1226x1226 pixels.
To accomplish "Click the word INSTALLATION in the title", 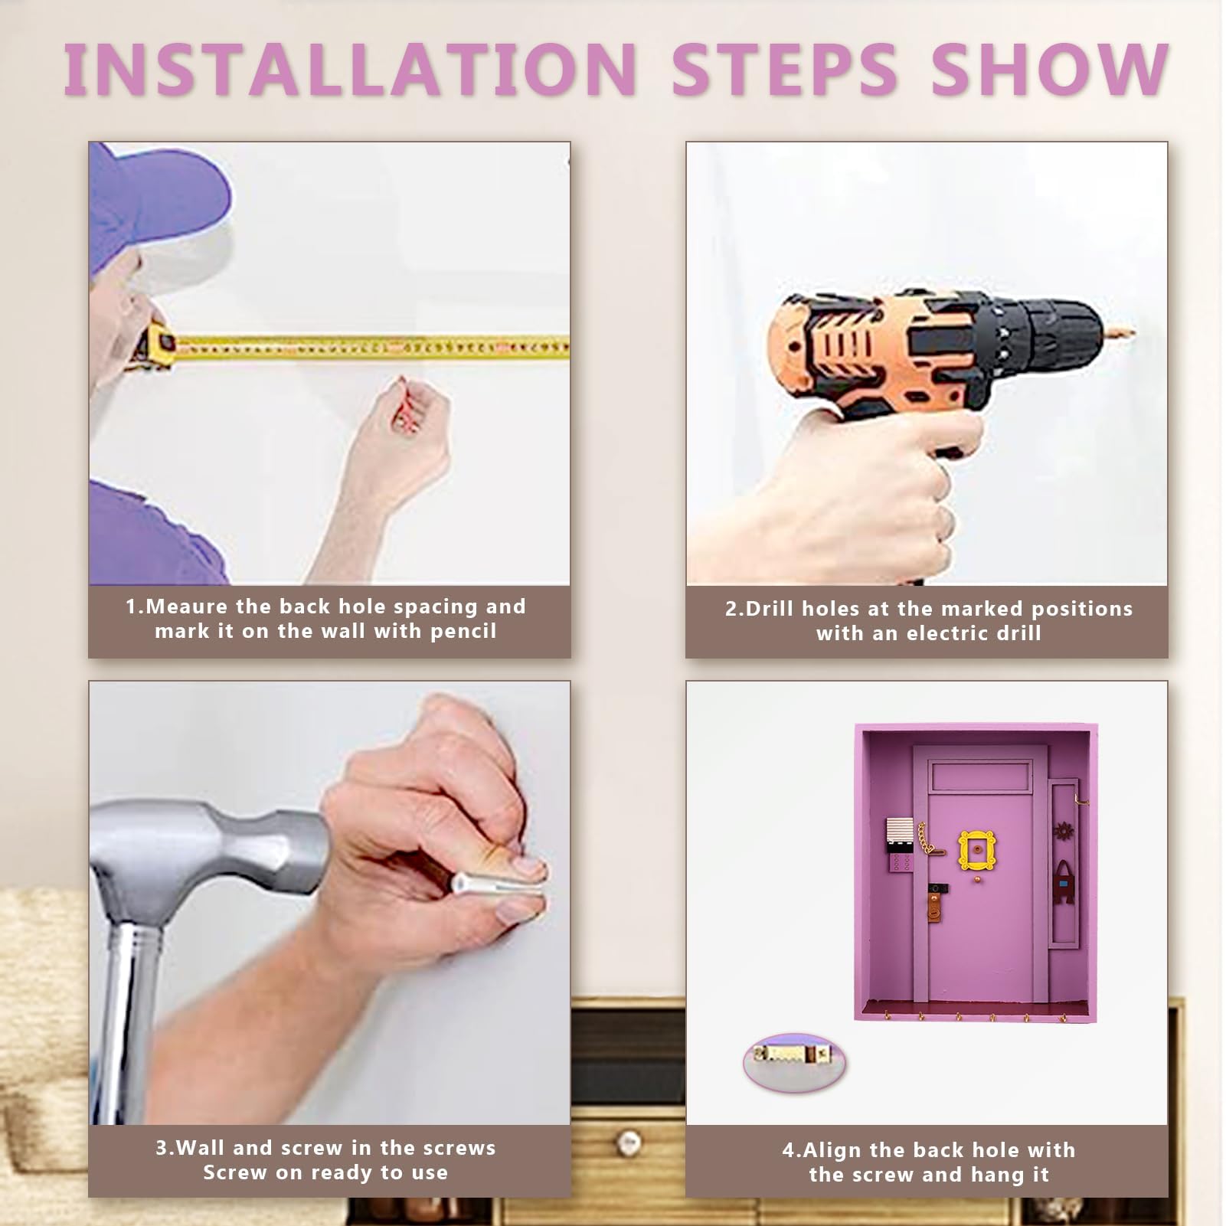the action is tap(350, 69).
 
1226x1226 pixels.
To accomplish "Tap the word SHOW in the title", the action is tap(1049, 69).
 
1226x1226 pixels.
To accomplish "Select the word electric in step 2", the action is tap(946, 633).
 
